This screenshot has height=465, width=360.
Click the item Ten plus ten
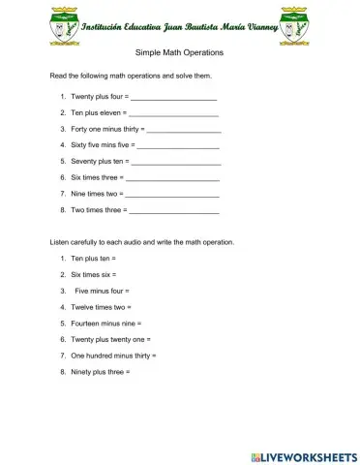pyautogui.click(x=93, y=259)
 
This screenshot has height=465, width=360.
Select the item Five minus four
pyautogui.click(x=102, y=291)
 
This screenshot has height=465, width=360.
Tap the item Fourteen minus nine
pyautogui.click(x=105, y=323)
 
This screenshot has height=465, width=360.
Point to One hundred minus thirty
pyautogui.click(x=113, y=356)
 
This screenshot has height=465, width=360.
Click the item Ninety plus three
pyautogui.click(x=100, y=371)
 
